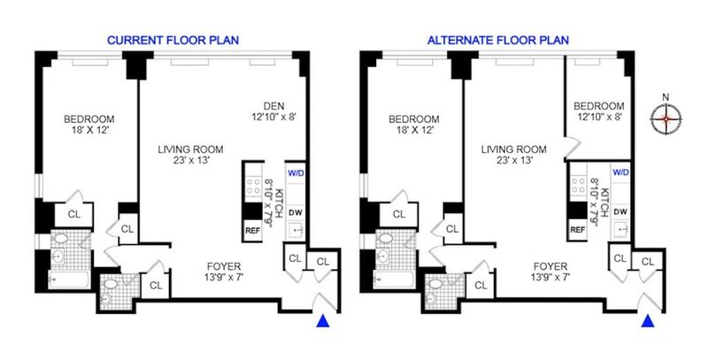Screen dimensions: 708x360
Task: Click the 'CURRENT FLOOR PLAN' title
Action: click(173, 40)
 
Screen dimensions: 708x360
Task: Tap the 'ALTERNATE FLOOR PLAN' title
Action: click(498, 40)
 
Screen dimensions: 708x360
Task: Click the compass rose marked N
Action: click(666, 119)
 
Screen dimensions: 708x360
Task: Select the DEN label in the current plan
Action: click(274, 106)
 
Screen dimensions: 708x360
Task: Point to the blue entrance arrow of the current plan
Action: click(323, 321)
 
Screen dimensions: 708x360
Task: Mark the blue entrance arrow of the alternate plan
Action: click(648, 321)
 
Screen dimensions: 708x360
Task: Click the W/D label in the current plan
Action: click(296, 172)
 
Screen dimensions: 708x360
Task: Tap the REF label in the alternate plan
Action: click(578, 230)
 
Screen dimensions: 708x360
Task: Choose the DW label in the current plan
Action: click(296, 212)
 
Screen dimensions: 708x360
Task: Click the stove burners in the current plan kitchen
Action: click(253, 186)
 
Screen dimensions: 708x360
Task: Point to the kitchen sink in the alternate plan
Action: click(621, 230)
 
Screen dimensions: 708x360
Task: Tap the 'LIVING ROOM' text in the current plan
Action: click(190, 149)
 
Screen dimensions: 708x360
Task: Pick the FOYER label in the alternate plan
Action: click(549, 266)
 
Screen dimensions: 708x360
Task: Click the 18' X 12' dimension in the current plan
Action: click(89, 130)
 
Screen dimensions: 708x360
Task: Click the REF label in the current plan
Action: click(252, 230)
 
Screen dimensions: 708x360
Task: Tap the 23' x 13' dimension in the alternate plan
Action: click(514, 160)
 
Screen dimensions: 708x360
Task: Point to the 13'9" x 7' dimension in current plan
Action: click(224, 277)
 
